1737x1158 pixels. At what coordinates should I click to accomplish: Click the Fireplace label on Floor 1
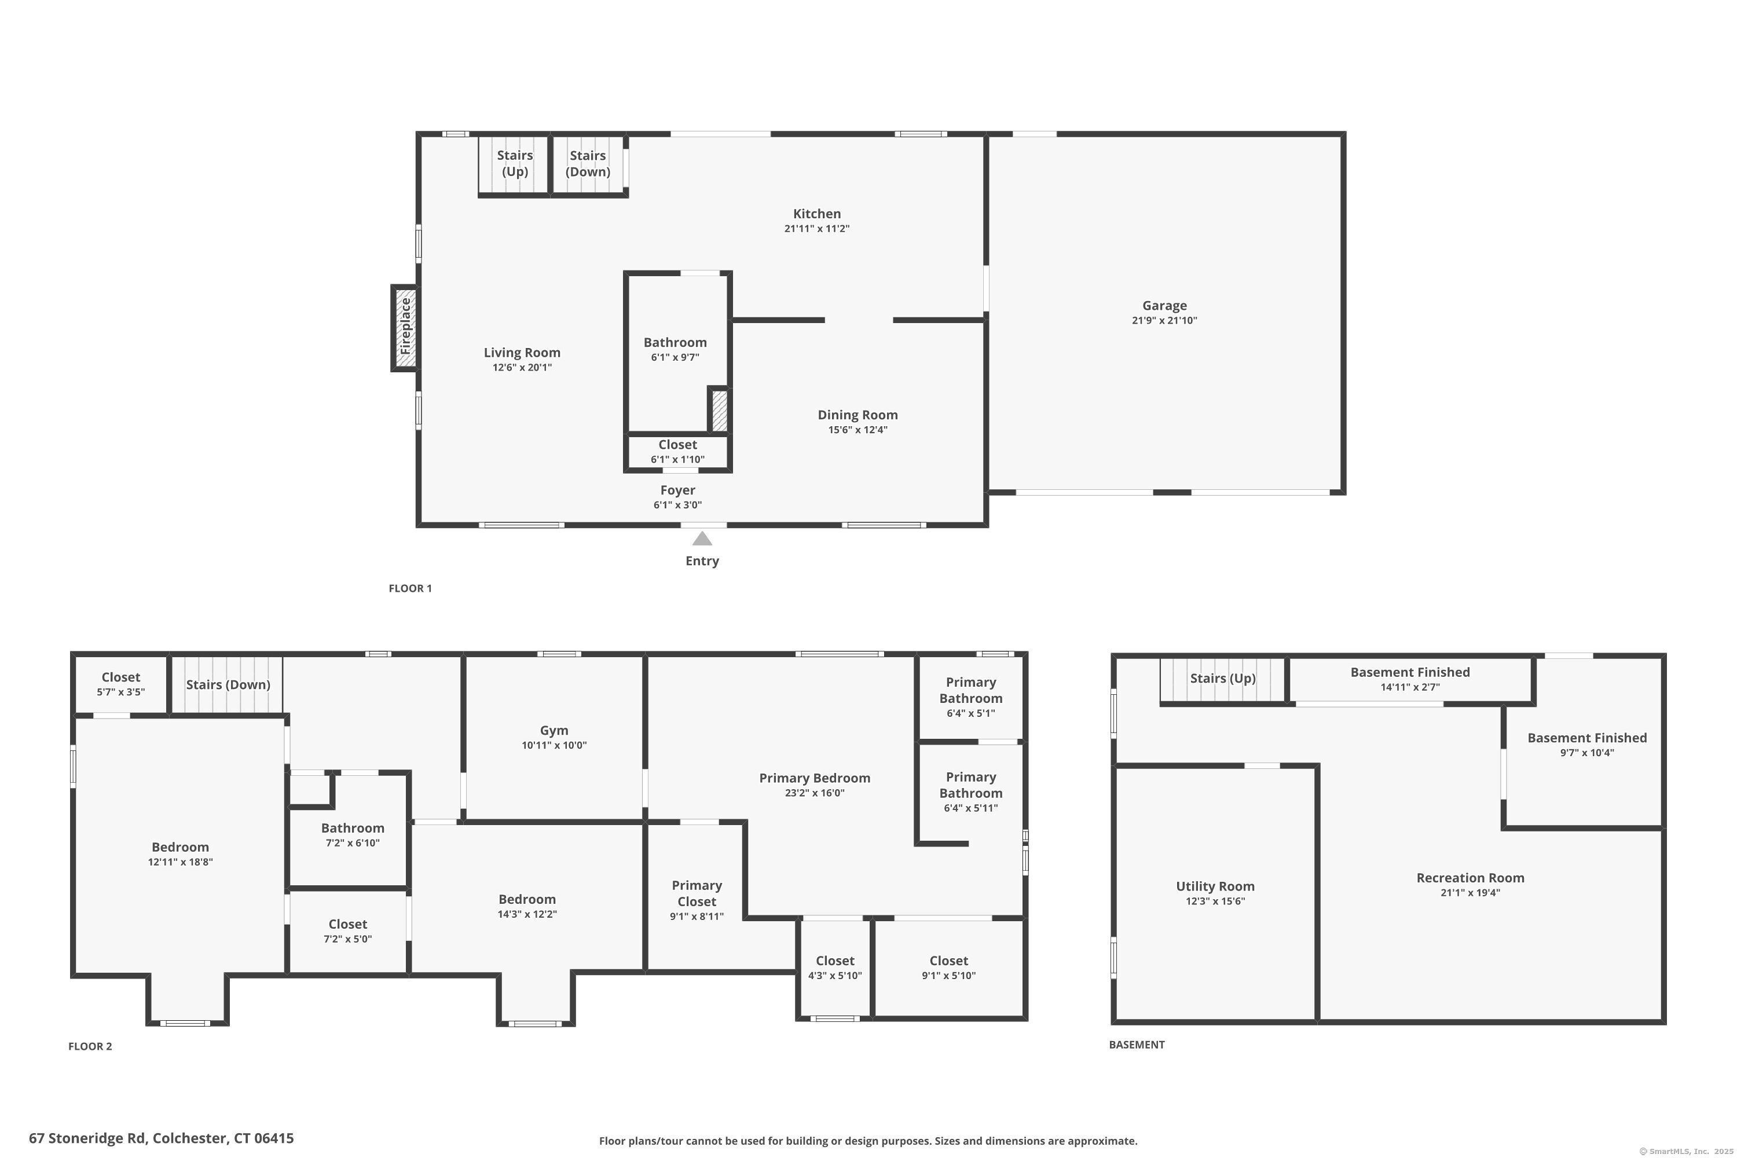405,327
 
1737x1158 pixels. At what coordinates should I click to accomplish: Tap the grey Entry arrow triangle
702,538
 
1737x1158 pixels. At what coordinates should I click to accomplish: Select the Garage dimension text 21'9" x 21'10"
1164,321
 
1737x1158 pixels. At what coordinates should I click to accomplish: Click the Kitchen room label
817,214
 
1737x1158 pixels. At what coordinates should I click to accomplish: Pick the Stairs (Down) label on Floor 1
588,163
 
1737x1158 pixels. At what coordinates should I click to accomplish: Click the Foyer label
677,490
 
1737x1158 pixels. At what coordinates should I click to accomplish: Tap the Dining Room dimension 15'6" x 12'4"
857,430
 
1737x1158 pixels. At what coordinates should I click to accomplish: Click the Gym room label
554,730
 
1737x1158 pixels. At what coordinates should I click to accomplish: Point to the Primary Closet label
697,893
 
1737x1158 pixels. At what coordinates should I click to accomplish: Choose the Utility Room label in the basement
1215,886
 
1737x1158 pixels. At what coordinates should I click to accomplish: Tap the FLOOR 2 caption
90,1046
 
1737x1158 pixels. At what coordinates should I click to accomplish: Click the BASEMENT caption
1137,1045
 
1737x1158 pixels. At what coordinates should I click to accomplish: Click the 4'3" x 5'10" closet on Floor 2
834,968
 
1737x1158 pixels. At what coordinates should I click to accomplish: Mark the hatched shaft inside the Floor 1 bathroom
719,411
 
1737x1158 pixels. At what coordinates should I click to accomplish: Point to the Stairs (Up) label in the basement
1222,679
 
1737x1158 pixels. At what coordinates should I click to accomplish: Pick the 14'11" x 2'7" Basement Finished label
1410,679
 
